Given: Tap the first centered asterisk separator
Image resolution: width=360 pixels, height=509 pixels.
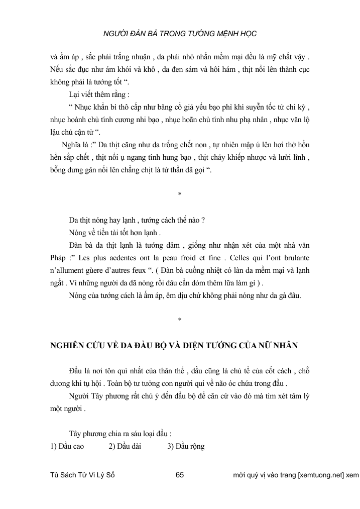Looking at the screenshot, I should (x=180, y=194).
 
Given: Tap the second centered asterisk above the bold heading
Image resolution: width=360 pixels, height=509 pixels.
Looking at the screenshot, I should (x=180, y=319).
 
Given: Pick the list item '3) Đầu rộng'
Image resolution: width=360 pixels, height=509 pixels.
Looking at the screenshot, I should (x=186, y=446).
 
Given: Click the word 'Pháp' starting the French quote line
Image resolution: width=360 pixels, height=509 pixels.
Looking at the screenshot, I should (x=60, y=259).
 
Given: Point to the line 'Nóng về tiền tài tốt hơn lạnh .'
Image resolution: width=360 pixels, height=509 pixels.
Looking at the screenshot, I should (x=115, y=233).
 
